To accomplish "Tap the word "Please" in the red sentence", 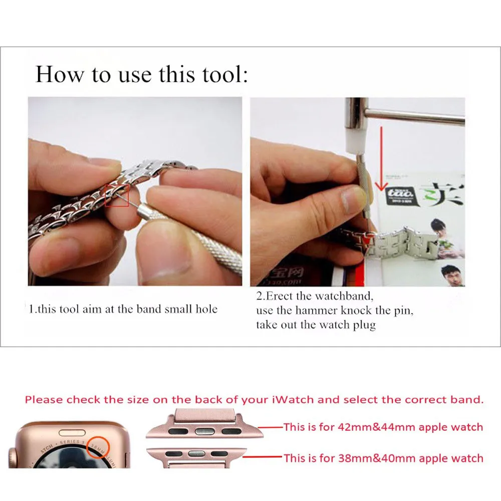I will [44, 400].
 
